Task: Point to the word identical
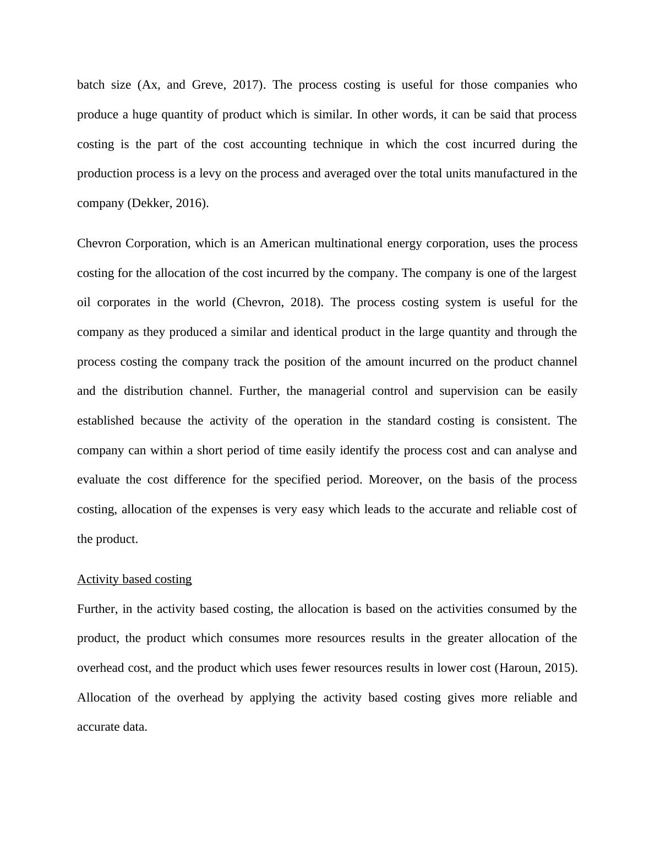(316, 332)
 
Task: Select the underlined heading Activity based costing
(134, 579)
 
